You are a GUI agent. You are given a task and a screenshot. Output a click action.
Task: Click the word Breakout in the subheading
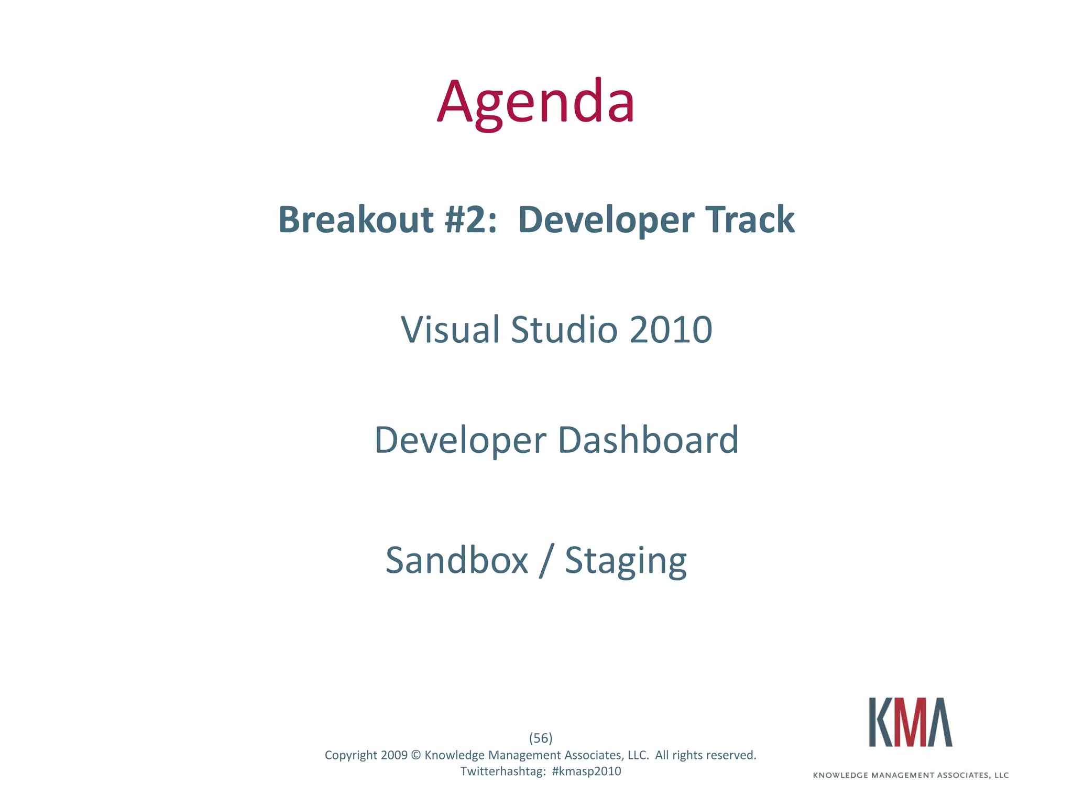point(356,220)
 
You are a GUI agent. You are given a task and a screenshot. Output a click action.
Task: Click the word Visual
point(450,330)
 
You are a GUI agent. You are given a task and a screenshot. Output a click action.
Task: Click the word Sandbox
point(457,561)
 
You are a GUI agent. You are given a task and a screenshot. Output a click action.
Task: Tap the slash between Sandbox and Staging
point(546,561)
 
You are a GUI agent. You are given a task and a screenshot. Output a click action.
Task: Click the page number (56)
point(541,738)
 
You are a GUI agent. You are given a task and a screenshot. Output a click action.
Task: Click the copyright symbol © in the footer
point(416,755)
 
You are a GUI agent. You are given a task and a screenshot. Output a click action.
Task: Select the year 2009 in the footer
point(394,755)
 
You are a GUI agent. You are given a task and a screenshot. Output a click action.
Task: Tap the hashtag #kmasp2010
point(586,771)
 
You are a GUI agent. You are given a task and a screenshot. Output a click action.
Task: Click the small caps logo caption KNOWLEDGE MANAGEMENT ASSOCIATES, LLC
point(911,775)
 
